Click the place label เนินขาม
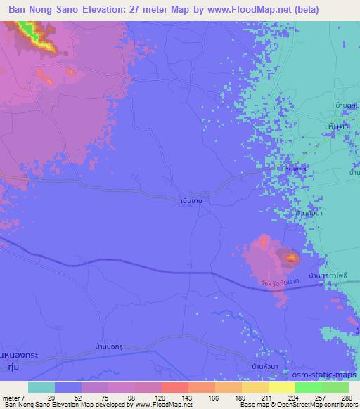click(192, 200)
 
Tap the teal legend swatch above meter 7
click(41, 387)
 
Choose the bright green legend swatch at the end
click(335, 387)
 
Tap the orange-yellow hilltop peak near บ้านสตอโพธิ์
click(290, 259)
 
